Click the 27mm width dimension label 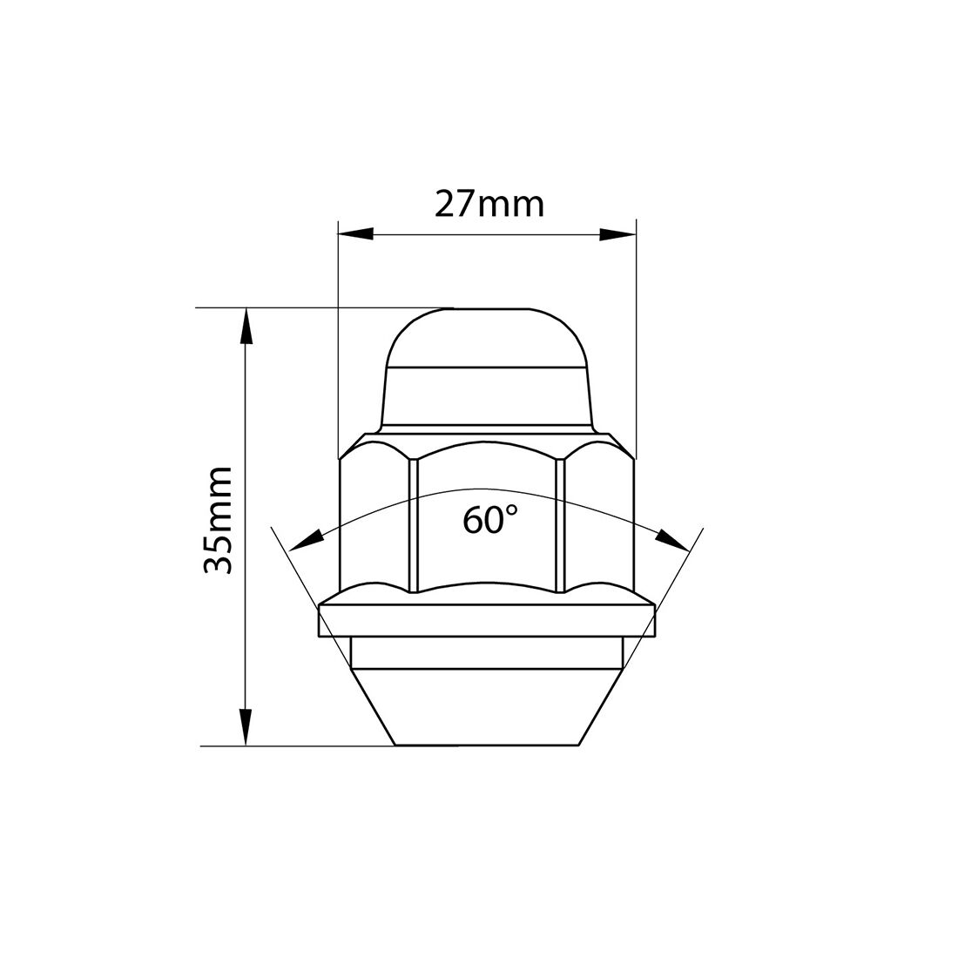[x=489, y=204]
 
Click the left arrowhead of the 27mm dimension [x=355, y=233]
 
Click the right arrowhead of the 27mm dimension [x=617, y=233]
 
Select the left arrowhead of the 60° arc [x=304, y=541]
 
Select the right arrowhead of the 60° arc [x=673, y=539]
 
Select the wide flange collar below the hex [x=487, y=620]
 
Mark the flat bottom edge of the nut [x=487, y=745]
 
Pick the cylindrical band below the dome [x=487, y=396]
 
